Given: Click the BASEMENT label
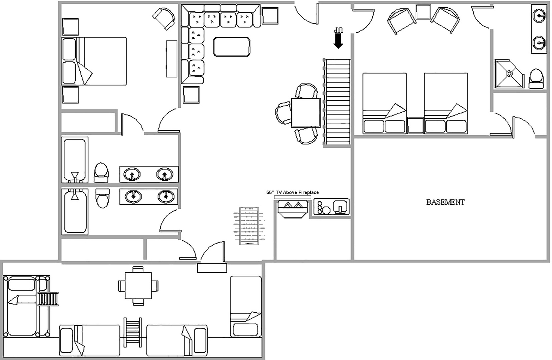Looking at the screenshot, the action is click(x=445, y=202).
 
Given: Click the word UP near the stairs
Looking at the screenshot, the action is click(x=338, y=30).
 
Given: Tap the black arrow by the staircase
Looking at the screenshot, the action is click(x=338, y=41).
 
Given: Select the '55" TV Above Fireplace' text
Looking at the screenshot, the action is click(x=293, y=192).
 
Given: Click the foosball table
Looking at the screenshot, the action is click(x=249, y=226).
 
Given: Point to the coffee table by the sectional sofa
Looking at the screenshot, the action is click(x=232, y=47).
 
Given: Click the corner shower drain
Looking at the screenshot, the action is click(x=509, y=73).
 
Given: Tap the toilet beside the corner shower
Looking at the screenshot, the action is click(x=536, y=79).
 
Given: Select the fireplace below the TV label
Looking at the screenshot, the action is click(x=293, y=209).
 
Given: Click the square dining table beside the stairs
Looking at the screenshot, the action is click(x=306, y=113).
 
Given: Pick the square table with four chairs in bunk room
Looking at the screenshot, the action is click(x=138, y=286).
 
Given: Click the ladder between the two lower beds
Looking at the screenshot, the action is click(x=133, y=332).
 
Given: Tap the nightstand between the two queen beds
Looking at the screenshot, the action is click(x=415, y=126).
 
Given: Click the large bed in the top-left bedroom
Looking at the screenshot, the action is click(x=94, y=61).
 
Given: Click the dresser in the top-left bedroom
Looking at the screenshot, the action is click(x=172, y=59).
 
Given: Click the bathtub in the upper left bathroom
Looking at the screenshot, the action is click(x=75, y=160).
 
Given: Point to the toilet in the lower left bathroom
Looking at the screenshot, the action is click(x=102, y=198).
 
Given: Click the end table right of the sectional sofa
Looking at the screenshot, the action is click(x=270, y=16).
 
